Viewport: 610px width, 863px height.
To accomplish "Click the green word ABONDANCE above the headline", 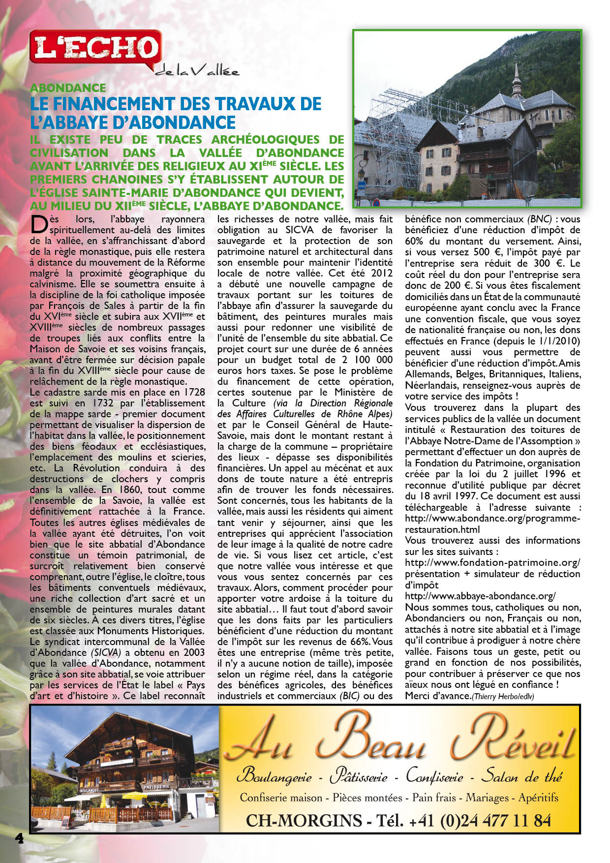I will [x=68, y=88].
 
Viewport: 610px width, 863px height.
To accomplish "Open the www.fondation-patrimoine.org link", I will [x=492, y=562].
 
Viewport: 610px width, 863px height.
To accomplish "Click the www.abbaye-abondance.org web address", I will [x=480, y=596].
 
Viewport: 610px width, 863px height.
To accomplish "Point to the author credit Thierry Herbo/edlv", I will [x=503, y=696].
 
